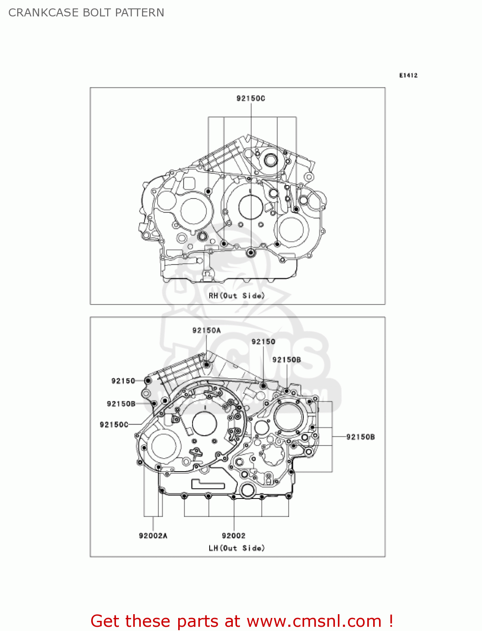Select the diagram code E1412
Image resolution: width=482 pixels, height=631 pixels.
[x=408, y=75]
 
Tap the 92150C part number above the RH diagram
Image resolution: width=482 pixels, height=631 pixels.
[x=250, y=98]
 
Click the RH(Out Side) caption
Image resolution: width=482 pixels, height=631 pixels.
[x=237, y=296]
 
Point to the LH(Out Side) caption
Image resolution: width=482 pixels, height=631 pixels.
[x=237, y=548]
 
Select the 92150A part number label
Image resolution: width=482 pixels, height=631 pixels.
[x=206, y=331]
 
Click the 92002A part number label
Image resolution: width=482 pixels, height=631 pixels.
[x=153, y=536]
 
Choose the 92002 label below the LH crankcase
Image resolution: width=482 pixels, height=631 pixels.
[x=234, y=536]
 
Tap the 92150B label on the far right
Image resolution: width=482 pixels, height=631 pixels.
[x=360, y=437]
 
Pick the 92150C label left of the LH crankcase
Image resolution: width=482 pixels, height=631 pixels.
[x=114, y=424]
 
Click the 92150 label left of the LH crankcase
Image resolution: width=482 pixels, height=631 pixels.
[x=123, y=381]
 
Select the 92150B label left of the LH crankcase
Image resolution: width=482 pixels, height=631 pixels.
[x=121, y=404]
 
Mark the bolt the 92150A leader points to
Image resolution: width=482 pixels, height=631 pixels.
[x=207, y=364]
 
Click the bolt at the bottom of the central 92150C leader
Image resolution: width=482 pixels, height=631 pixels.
[x=251, y=252]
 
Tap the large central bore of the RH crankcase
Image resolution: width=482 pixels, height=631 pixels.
[x=250, y=207]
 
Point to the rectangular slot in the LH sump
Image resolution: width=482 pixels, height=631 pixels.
[x=208, y=484]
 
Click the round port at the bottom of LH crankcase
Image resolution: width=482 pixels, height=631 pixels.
[x=248, y=490]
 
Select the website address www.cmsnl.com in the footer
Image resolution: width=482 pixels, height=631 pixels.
[x=314, y=621]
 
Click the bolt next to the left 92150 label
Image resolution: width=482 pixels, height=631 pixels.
[x=148, y=381]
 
